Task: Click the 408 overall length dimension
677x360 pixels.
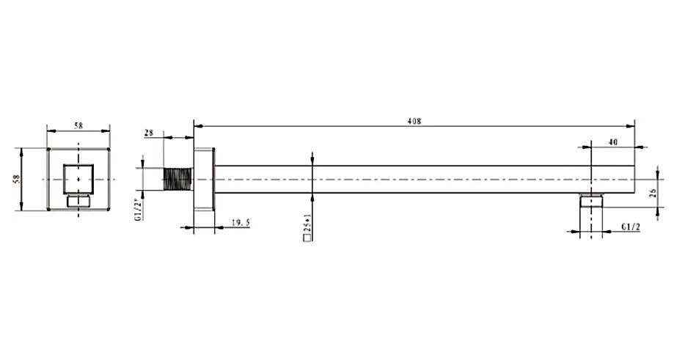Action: [x=414, y=121]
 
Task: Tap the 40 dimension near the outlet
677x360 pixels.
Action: [x=612, y=142]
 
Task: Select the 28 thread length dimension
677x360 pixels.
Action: [x=148, y=133]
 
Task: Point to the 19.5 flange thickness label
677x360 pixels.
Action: [x=241, y=223]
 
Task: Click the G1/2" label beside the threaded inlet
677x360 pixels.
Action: [x=138, y=210]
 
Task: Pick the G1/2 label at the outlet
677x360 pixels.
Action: [x=631, y=227]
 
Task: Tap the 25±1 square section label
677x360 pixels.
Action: [x=308, y=223]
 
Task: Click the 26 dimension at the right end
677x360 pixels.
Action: [x=654, y=193]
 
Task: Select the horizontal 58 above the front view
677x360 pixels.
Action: [x=78, y=125]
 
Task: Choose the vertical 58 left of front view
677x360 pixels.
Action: [x=17, y=179]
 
